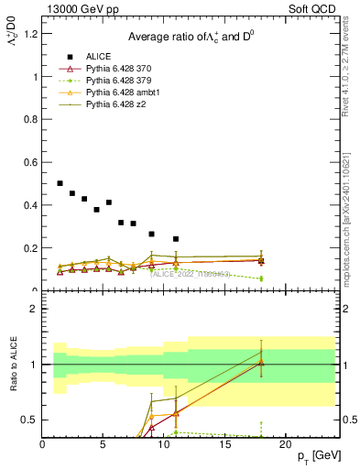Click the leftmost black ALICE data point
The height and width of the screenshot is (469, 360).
tap(60, 183)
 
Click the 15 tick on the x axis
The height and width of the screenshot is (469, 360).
tap(225, 444)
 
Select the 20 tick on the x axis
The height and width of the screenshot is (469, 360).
tap(286, 444)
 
